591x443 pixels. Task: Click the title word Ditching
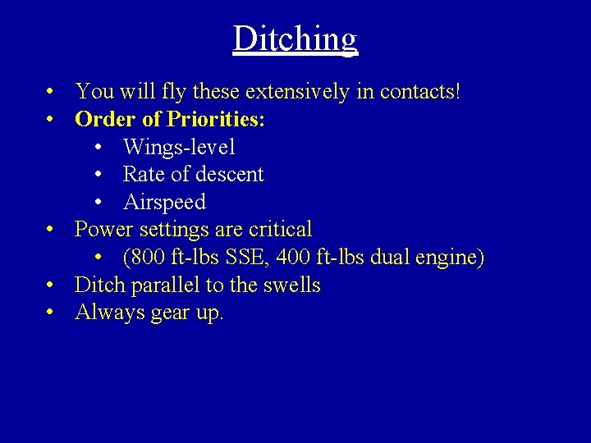[x=295, y=39]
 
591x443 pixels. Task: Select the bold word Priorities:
[x=216, y=120]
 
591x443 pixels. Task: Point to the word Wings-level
[x=179, y=148]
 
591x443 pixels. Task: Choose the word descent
[x=234, y=175]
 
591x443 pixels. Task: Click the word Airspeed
[x=164, y=203]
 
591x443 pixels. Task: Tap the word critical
[x=278, y=230]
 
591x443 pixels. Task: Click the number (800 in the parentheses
[x=144, y=258]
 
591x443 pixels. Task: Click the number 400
[x=295, y=258]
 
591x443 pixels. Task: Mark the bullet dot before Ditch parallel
[x=51, y=286]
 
